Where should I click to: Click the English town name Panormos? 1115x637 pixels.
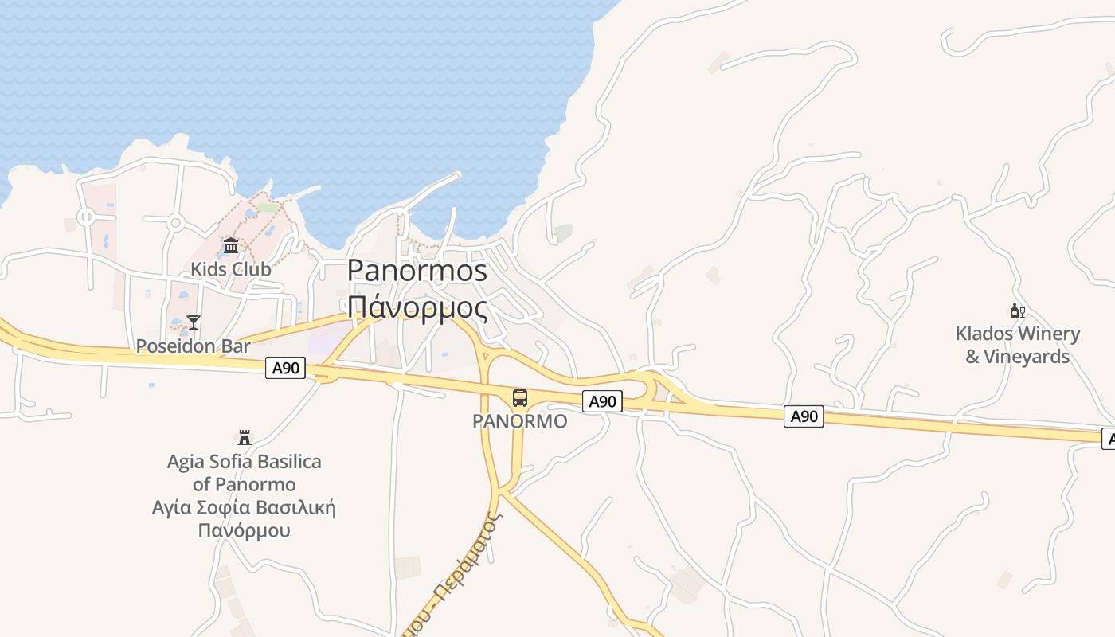coord(417,271)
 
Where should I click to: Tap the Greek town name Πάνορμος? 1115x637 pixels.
coord(417,307)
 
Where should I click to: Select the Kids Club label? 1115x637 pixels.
coord(231,269)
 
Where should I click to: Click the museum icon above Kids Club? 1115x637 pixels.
coord(231,245)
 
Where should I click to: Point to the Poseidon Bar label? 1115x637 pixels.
coord(193,346)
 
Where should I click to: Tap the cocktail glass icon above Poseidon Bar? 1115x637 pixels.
coord(194,322)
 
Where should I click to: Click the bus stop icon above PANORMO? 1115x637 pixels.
coord(520,398)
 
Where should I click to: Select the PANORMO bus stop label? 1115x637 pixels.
coord(520,421)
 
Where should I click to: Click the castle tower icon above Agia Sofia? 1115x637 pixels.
coord(245,438)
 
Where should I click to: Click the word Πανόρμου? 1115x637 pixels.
coord(245,530)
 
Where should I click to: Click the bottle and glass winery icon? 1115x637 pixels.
coord(1017,311)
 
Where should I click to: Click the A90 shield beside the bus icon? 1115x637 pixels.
coord(603,401)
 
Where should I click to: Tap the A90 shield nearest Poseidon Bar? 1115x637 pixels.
coord(286,368)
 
